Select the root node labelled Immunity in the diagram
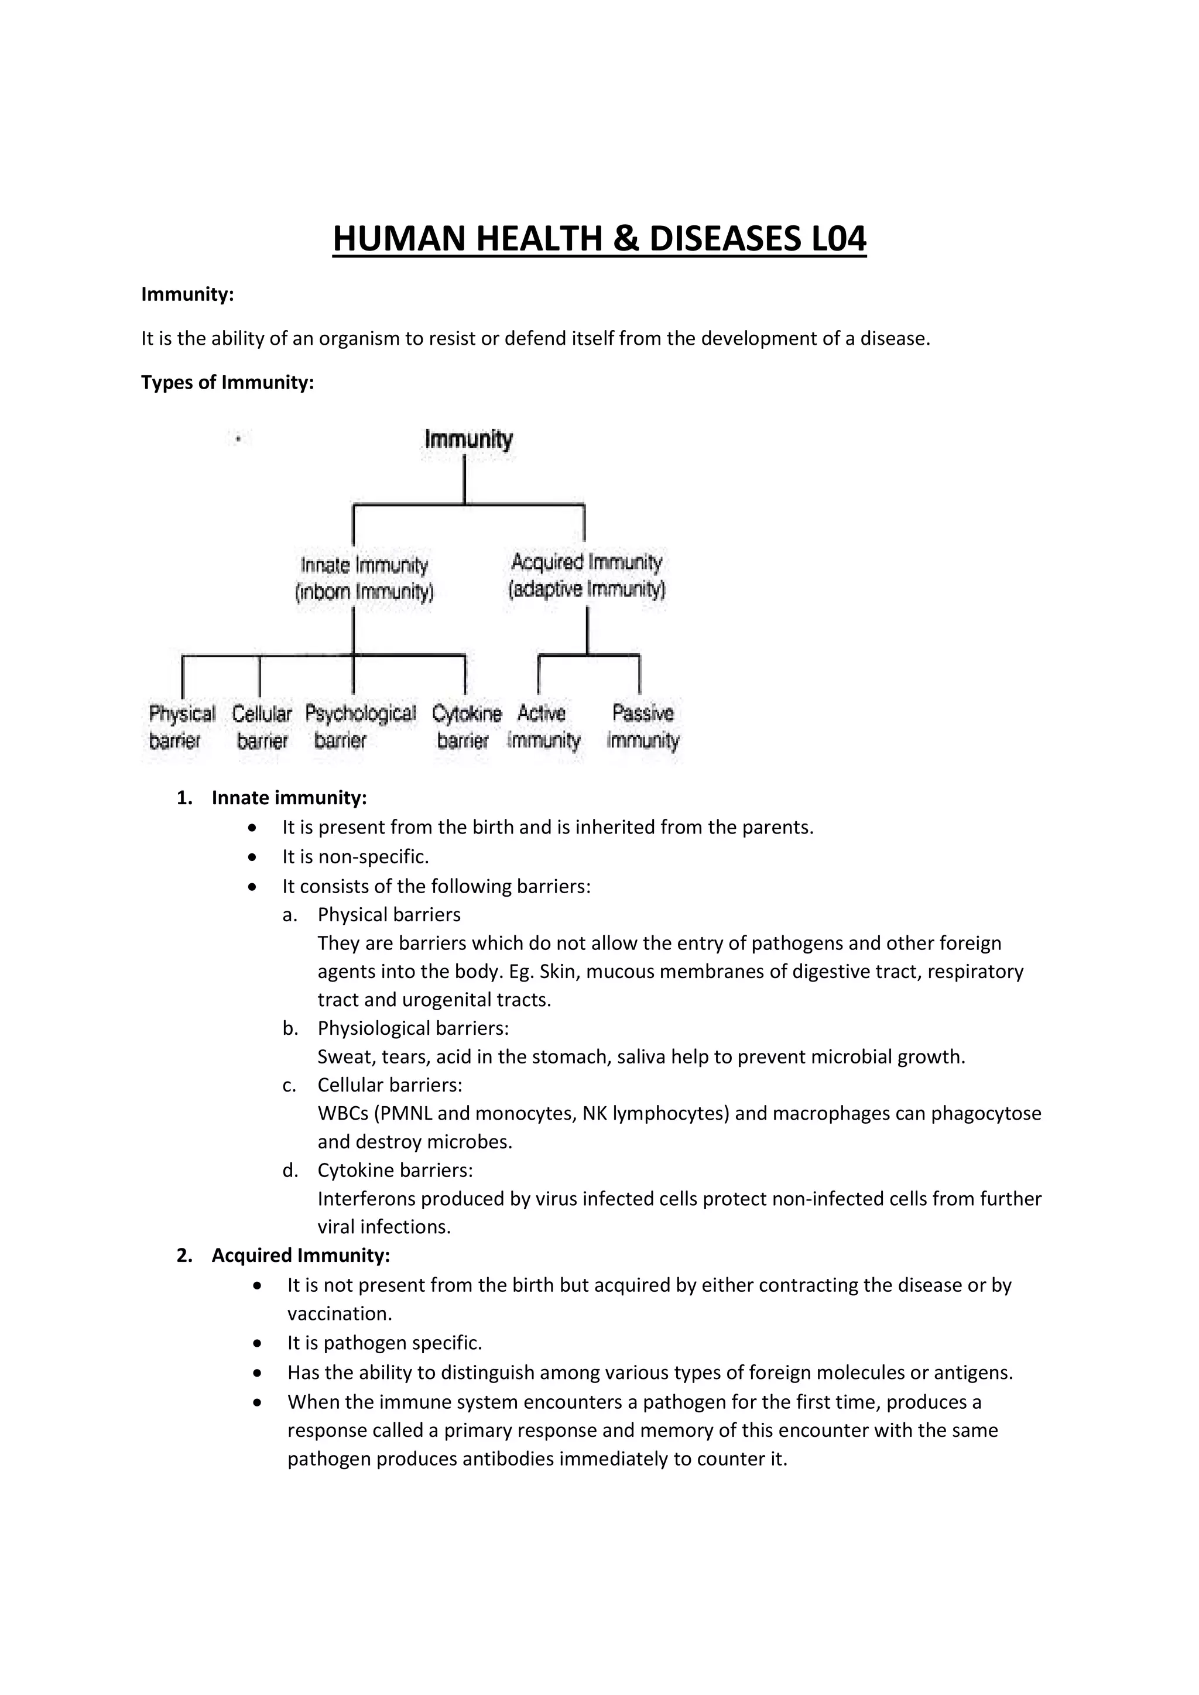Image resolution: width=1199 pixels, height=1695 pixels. coord(468,439)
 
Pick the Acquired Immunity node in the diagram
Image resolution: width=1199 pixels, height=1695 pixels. coord(587,576)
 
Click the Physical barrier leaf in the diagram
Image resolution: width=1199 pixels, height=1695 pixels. coord(181,726)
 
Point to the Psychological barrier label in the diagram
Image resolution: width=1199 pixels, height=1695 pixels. coord(359,726)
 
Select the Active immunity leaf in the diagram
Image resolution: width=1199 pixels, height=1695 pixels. coord(543,726)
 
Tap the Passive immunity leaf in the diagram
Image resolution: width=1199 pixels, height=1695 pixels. coord(642,726)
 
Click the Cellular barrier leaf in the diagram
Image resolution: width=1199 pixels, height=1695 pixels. coord(261,726)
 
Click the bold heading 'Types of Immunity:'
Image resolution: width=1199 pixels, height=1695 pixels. coord(227,382)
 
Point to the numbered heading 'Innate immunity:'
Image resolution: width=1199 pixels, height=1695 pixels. coord(289,797)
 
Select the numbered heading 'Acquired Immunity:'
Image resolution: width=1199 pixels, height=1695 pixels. coord(300,1255)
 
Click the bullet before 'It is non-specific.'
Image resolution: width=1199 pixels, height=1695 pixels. coord(253,857)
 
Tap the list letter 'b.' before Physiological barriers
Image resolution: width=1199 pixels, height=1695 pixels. coord(289,1028)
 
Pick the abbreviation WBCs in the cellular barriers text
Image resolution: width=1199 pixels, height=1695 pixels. coord(343,1113)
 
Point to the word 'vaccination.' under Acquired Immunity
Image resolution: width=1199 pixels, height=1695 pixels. coord(339,1313)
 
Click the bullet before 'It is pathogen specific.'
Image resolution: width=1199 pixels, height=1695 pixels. coord(257,1343)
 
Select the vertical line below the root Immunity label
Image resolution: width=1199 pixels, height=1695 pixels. coord(464,480)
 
